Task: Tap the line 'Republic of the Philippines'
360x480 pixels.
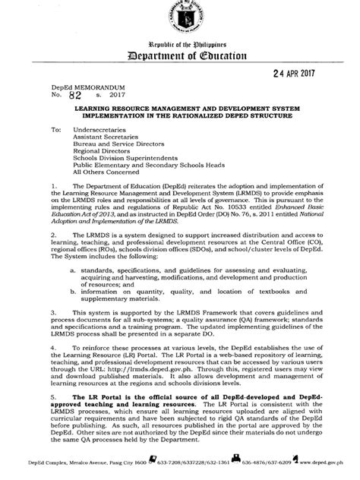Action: coord(180,45)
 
